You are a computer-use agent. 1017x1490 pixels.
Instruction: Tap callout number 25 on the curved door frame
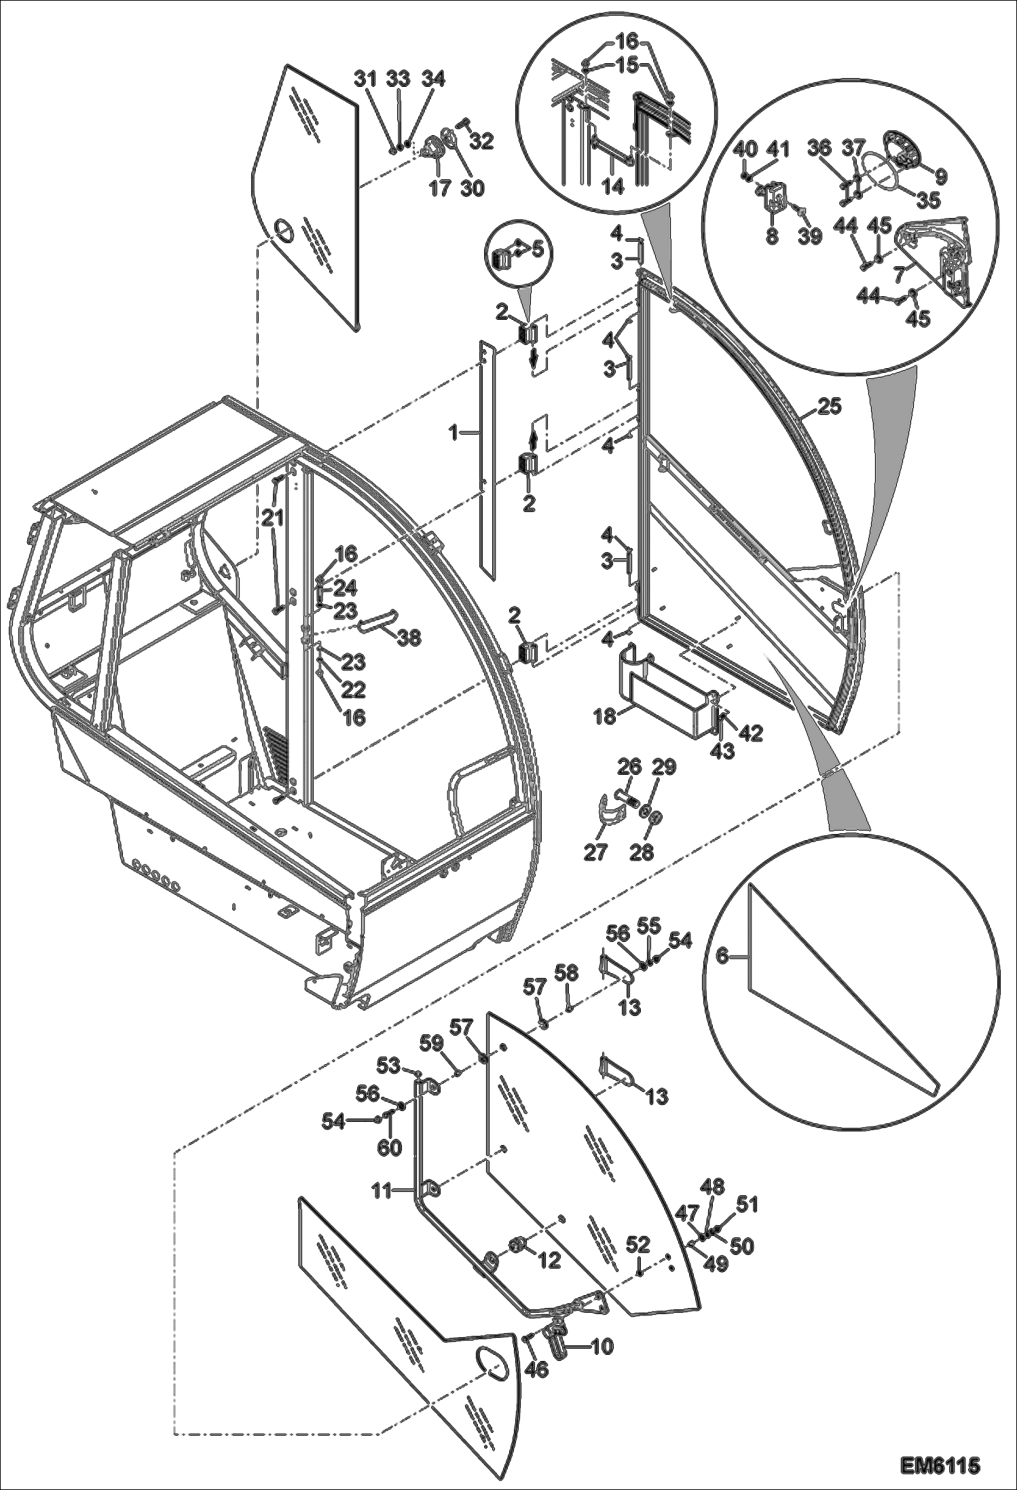point(829,407)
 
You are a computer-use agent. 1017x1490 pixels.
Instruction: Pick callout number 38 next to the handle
point(409,638)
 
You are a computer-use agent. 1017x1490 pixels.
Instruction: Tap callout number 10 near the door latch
point(602,1346)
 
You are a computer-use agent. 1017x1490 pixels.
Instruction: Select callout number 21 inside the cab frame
point(274,518)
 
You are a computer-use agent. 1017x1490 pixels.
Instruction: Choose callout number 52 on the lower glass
point(639,1245)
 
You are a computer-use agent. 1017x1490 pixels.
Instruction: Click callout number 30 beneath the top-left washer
point(473,187)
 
